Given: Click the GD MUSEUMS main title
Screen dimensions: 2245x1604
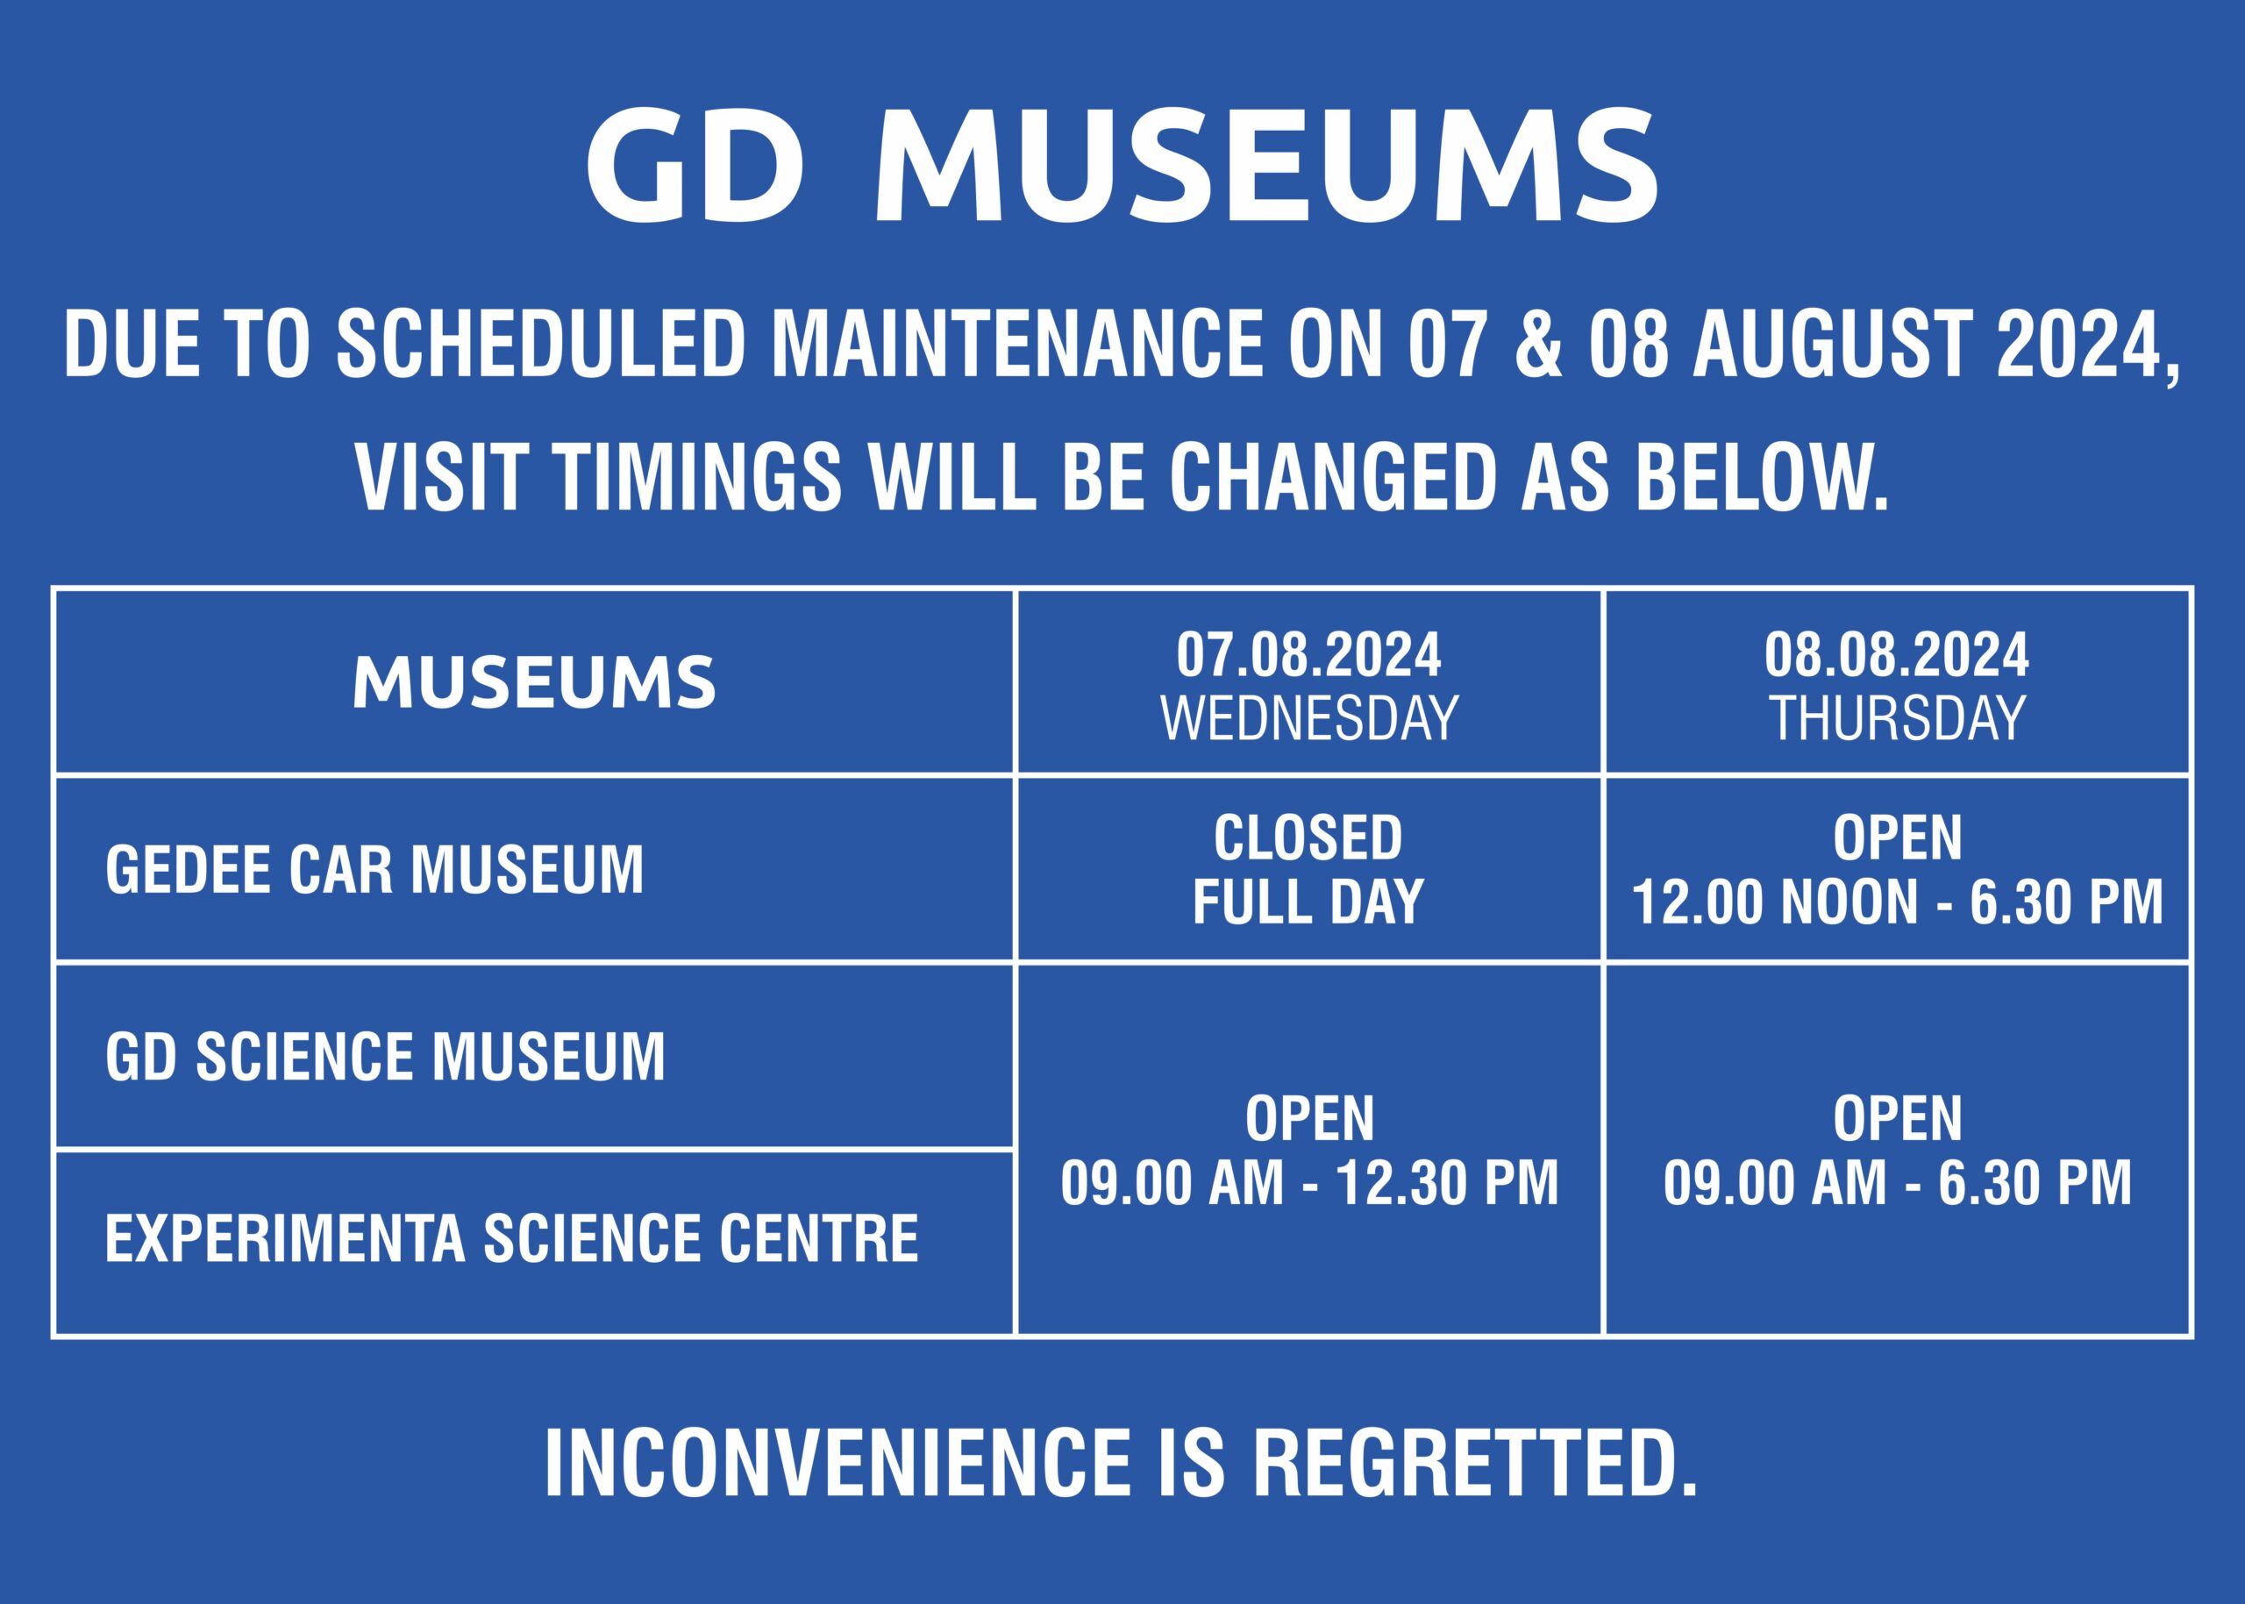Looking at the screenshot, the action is point(1122,166).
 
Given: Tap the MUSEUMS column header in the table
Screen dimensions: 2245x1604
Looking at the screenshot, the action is point(534,682).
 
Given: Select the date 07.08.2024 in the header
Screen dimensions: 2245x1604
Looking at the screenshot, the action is point(1308,656).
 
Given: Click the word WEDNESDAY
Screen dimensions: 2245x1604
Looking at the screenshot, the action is point(1308,718).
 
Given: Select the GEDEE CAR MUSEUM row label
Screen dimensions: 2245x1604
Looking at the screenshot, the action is point(374,869).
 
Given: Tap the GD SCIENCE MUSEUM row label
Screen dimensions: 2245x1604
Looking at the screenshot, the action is point(385,1056).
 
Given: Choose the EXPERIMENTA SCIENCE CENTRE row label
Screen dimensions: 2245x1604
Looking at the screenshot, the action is point(511,1237).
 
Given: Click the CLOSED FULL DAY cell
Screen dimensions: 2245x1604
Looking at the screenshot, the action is point(1308,869).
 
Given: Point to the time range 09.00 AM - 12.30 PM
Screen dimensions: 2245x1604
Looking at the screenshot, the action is point(1308,1182).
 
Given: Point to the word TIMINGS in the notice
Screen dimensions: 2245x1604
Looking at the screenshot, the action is point(698,479).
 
